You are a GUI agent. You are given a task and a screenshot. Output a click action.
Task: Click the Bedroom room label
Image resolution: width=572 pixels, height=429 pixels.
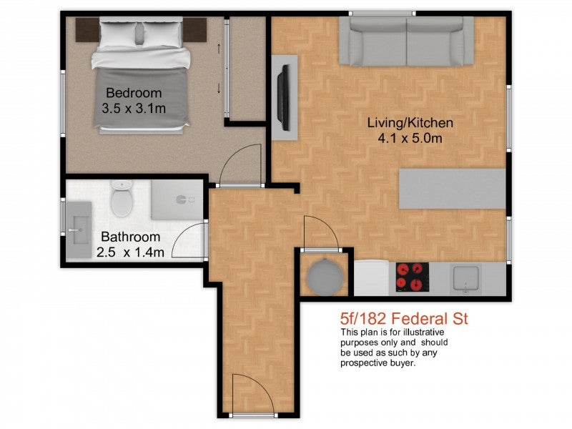point(134,93)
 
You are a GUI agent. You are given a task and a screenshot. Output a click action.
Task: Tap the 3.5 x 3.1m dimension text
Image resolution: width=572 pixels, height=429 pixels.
point(134,109)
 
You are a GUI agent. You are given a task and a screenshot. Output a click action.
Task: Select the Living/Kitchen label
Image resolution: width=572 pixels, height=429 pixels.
point(410,123)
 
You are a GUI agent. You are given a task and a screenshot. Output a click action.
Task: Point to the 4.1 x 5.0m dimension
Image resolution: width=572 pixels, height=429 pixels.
point(410,139)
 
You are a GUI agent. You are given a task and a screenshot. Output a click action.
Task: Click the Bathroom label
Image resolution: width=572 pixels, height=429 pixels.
point(131,237)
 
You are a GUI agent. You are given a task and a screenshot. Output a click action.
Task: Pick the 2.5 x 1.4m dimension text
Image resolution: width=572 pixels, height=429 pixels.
point(130,252)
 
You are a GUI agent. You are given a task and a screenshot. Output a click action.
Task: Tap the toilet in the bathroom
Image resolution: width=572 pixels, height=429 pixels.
point(122,199)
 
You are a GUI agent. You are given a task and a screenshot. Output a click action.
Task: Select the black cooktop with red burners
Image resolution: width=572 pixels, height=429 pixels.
point(413,277)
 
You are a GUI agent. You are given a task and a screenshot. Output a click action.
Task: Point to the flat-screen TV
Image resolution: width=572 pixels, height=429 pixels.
point(283,97)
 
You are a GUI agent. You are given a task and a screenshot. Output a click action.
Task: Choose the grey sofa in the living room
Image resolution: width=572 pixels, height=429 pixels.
point(406,41)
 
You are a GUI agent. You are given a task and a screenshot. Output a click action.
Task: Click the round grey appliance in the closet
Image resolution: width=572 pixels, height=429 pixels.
point(325,277)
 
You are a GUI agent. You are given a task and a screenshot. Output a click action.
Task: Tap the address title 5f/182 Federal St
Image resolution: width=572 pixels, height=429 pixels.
point(404,319)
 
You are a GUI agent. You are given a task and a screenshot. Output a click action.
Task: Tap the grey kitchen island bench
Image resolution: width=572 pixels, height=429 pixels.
point(453,189)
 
